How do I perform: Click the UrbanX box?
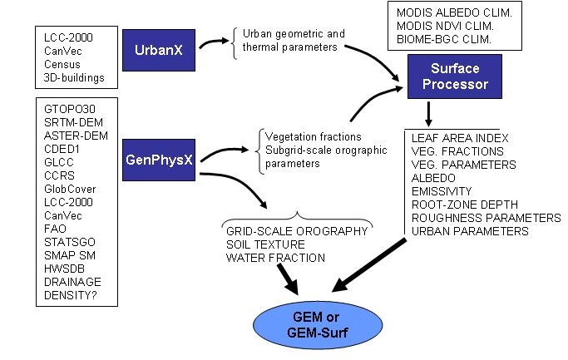tap(158, 49)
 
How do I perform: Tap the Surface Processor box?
tap(452, 77)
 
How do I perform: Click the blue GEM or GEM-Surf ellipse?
tap(307, 321)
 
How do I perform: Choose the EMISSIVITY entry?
tap(442, 190)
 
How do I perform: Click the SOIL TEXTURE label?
tap(265, 244)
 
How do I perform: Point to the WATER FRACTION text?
tap(275, 258)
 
